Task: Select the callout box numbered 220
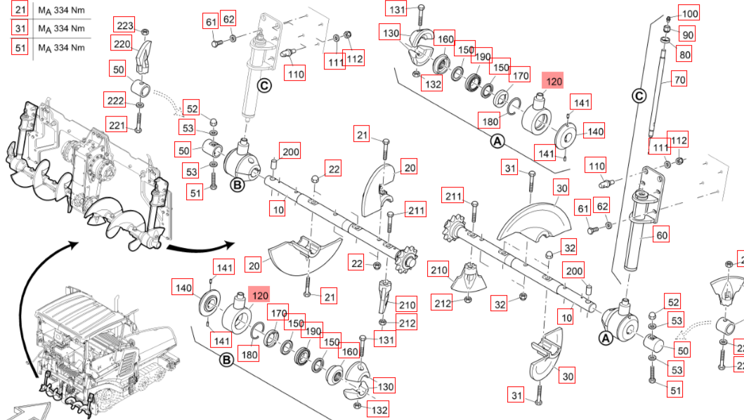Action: click(x=123, y=45)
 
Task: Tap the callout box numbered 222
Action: click(x=116, y=101)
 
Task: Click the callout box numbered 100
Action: click(x=690, y=13)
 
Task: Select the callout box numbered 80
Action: click(x=684, y=53)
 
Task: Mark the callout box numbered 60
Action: click(x=662, y=235)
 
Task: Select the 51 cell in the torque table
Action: click(x=19, y=47)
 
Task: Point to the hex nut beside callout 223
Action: click(x=143, y=32)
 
